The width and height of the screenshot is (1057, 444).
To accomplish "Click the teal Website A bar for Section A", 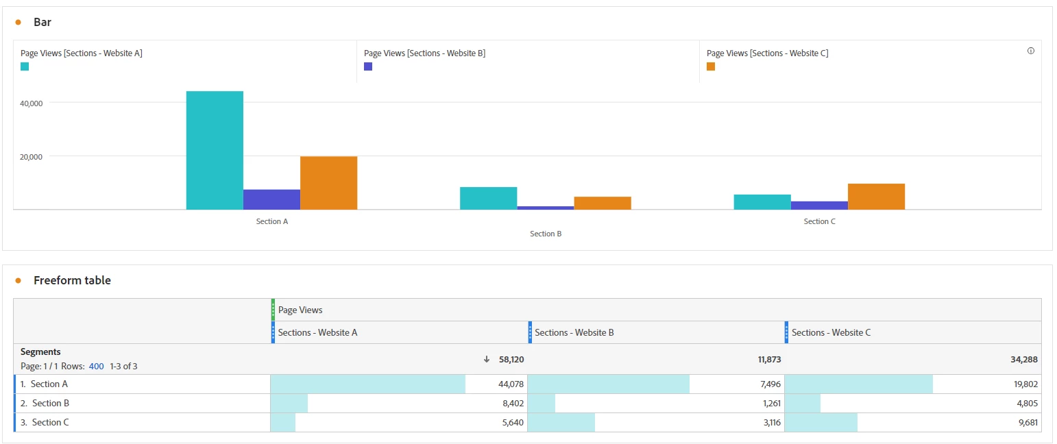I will (x=215, y=150).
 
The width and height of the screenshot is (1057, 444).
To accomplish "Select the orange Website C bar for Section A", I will (x=328, y=183).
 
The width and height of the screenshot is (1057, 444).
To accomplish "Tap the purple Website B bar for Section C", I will (x=819, y=205).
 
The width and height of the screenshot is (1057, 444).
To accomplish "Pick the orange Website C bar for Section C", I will (x=876, y=196).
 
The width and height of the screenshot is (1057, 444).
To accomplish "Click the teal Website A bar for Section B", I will (x=488, y=198).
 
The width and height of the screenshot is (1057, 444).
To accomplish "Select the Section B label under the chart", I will (x=546, y=234).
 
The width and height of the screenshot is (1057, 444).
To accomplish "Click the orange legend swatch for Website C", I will (x=711, y=66).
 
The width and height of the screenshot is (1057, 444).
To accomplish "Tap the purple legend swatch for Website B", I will (x=368, y=66).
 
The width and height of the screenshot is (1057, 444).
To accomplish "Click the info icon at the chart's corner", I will (x=1030, y=51).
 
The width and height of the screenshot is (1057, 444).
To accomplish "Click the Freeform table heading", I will (x=72, y=280).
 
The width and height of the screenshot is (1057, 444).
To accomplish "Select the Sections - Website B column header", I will (x=574, y=332).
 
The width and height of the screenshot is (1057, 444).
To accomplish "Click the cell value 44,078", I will (x=511, y=384).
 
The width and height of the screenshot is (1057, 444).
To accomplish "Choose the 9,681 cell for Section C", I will (x=1026, y=423).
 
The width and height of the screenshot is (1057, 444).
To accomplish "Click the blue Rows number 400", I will (x=96, y=367).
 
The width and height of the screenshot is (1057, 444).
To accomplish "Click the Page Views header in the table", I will (x=300, y=310).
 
